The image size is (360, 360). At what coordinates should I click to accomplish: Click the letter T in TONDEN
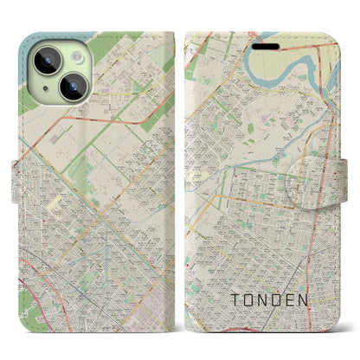(235, 300)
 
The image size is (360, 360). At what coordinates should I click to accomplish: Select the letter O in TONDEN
(252, 300)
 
